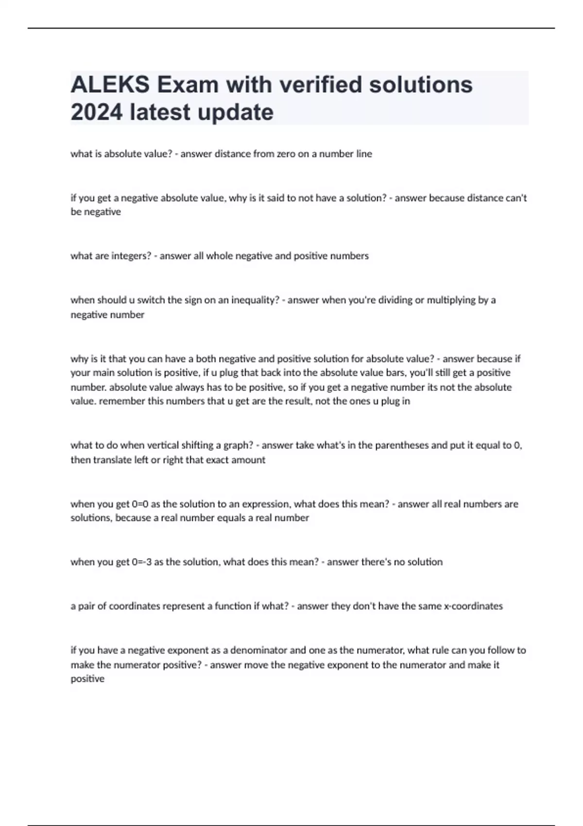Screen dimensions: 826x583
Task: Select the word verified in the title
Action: click(313, 85)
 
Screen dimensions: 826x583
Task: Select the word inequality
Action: click(256, 300)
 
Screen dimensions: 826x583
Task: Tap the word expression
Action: click(266, 504)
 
